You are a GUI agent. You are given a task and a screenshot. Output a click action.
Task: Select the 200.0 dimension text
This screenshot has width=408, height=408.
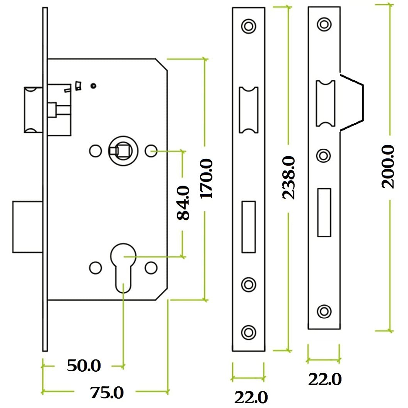[x=388, y=166]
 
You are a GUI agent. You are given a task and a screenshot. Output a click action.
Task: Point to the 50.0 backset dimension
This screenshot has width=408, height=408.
[x=84, y=366]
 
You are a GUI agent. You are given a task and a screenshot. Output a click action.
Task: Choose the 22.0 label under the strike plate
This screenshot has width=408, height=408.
[x=324, y=379]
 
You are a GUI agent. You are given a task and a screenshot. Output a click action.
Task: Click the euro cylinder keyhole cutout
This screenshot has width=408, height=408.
[x=123, y=265]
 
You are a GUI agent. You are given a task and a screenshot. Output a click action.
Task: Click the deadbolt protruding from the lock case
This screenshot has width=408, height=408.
[x=28, y=226]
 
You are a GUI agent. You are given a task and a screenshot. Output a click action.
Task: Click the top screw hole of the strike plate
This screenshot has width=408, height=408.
[x=324, y=24]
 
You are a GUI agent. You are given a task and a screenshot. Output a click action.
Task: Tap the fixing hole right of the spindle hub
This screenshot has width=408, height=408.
[x=152, y=151]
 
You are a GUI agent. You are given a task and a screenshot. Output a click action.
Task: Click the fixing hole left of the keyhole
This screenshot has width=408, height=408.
[x=95, y=268]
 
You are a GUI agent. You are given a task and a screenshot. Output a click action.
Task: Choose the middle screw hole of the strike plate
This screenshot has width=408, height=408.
[x=324, y=155]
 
